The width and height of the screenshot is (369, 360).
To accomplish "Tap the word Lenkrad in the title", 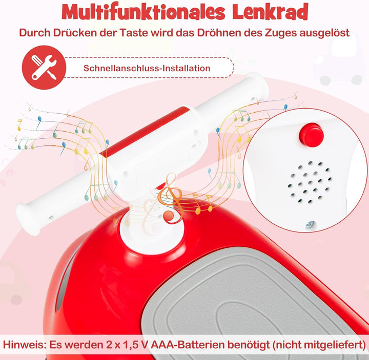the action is point(270,12).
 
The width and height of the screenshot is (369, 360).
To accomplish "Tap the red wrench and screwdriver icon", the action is point(44,68).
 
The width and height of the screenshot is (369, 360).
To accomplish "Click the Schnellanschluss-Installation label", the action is point(147,68).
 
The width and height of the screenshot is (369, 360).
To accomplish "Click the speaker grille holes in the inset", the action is point(310,182).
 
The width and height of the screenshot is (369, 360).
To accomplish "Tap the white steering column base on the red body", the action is point(151,227).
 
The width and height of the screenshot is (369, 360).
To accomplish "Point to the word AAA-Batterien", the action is point(184,345).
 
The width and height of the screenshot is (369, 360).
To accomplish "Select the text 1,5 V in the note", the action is point(135,345).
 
